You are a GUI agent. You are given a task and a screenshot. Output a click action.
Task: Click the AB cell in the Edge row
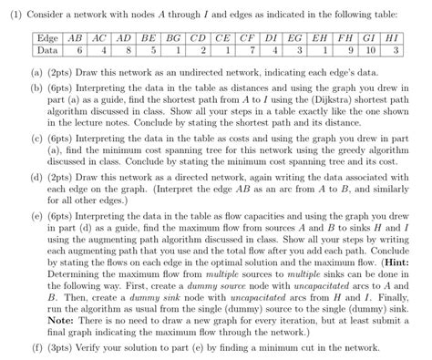pos(80,39)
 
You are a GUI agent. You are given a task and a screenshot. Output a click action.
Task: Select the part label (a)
pos(35,70)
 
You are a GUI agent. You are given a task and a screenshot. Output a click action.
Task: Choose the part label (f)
pos(35,347)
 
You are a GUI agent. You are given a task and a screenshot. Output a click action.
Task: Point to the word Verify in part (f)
pos(88,347)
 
